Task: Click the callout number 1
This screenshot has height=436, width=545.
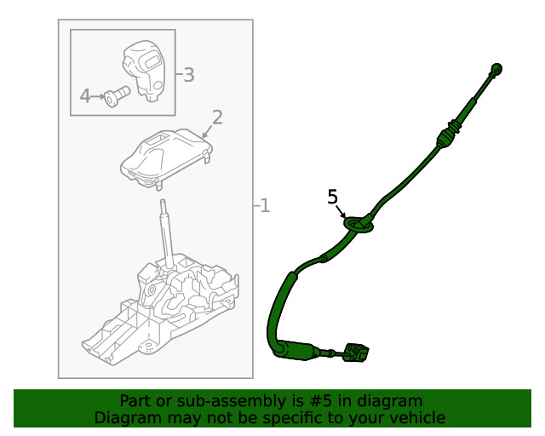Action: point(265,205)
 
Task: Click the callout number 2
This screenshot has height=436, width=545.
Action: point(217,117)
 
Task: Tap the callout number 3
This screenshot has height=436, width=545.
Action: point(188,75)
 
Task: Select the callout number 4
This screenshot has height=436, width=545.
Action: point(84,96)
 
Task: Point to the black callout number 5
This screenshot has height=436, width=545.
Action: point(333,198)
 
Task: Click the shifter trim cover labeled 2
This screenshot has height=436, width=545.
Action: point(166,158)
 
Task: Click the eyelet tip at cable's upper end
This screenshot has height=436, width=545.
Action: point(498,69)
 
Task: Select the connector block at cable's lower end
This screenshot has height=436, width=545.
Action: point(356,353)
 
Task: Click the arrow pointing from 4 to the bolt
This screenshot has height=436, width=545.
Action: point(100,96)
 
